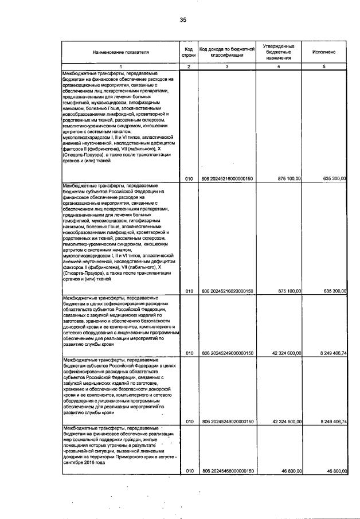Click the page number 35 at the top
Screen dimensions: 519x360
[182, 20]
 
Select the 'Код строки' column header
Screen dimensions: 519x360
[189, 52]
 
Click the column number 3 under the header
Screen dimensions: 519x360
[227, 67]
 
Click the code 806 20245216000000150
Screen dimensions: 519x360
[228, 179]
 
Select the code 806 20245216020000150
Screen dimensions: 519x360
[228, 291]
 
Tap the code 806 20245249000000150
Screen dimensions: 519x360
[228, 353]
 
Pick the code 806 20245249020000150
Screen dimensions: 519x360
[228, 422]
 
